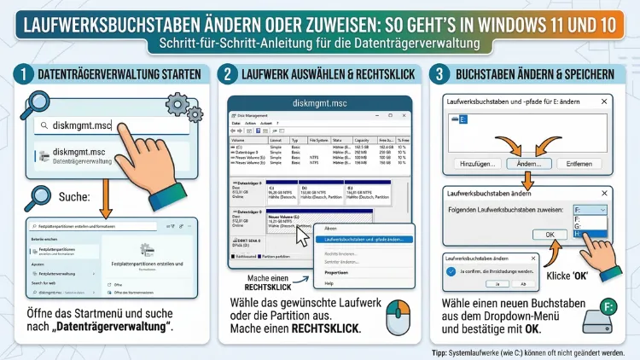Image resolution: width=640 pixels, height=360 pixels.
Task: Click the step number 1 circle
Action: pos(20,74)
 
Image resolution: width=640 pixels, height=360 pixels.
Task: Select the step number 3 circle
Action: pos(439,74)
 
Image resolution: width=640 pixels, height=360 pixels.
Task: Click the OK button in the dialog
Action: pos(550,234)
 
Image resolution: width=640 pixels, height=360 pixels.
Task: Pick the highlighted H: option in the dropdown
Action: pos(591,233)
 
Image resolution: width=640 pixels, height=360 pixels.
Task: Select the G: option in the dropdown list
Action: pos(591,225)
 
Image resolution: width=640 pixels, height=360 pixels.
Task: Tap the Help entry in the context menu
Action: pos(329,283)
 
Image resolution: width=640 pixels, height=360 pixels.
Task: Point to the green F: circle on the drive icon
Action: pos(610,306)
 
